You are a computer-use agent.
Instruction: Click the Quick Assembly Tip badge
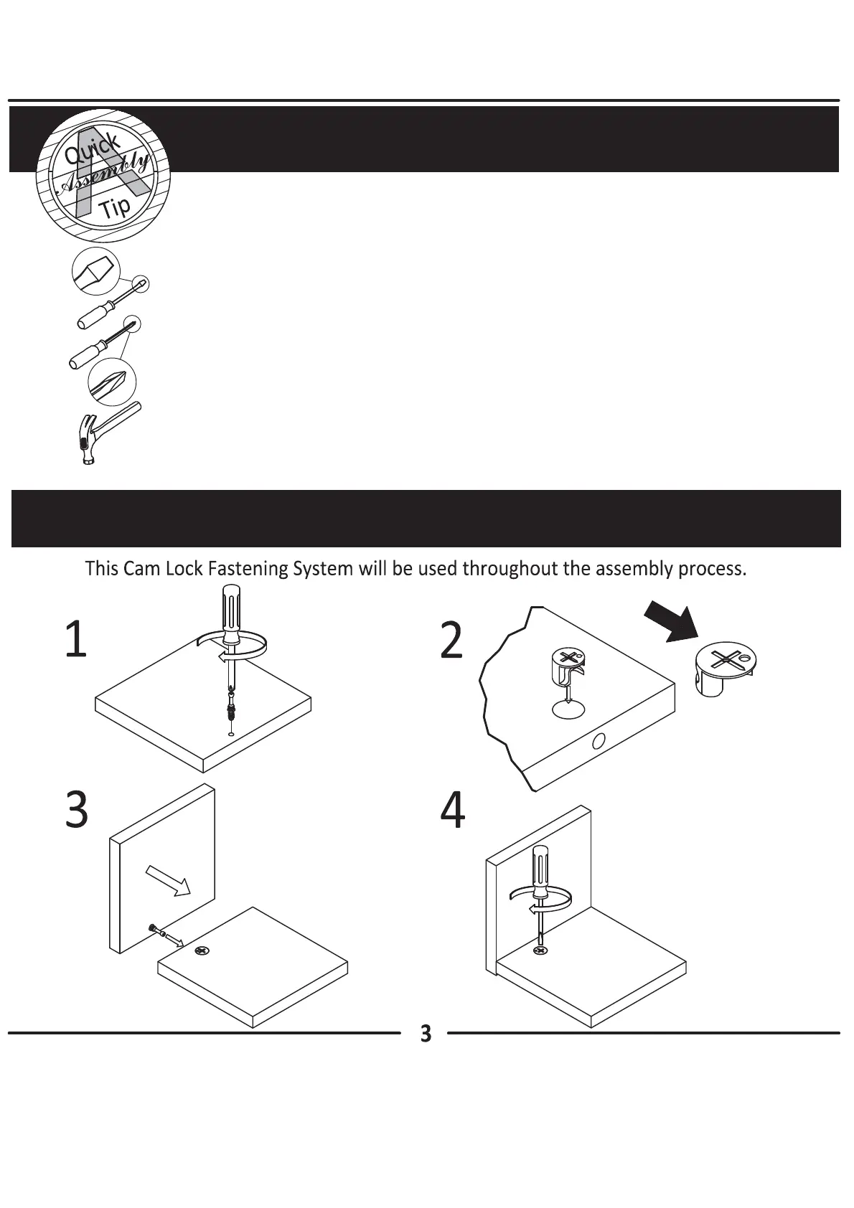(103, 176)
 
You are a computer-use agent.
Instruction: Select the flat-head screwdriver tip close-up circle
(95, 271)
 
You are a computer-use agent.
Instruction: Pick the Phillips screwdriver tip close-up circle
(112, 382)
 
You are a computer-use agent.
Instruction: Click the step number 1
(75, 639)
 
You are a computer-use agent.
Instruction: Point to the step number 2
(451, 641)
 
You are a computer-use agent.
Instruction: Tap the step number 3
(77, 810)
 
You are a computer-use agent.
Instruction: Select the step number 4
(452, 811)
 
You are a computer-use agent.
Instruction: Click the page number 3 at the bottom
(426, 1034)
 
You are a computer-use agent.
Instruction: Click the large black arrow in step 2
(671, 622)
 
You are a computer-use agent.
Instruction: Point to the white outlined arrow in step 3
(168, 881)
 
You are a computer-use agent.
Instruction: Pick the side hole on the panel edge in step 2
(599, 742)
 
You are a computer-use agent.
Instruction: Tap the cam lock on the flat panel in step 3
(202, 951)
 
